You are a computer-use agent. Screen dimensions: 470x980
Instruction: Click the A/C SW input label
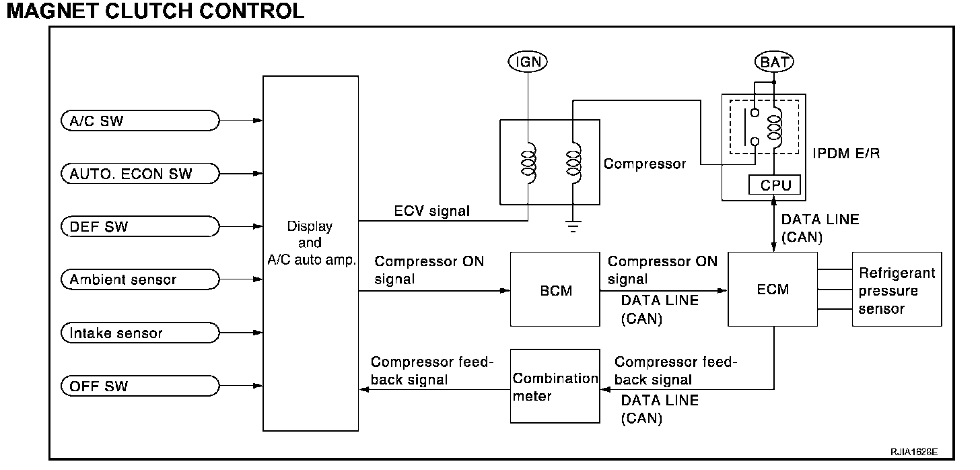click(139, 121)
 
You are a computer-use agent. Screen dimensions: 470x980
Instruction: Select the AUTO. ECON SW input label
click(139, 174)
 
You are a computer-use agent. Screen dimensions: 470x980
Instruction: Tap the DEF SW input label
click(139, 227)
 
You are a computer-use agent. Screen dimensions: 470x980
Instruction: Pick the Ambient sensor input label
click(139, 279)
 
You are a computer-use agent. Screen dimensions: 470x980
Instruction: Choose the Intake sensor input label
click(139, 333)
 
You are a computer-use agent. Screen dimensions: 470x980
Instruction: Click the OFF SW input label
click(139, 386)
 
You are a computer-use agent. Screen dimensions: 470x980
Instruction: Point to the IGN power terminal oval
click(528, 63)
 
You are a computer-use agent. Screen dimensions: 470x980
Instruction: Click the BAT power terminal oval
click(774, 63)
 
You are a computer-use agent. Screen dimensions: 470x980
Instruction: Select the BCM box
click(555, 290)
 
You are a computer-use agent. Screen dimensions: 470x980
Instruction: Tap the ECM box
click(773, 290)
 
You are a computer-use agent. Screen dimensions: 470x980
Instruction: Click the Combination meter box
click(555, 387)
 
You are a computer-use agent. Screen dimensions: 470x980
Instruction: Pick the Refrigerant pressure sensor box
click(897, 290)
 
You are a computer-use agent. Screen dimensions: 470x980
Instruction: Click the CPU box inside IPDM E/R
click(775, 184)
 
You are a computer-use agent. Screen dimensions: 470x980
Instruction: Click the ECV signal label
click(432, 211)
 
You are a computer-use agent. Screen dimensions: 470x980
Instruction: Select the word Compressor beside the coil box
click(644, 164)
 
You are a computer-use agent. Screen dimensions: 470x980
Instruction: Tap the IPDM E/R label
click(846, 154)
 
